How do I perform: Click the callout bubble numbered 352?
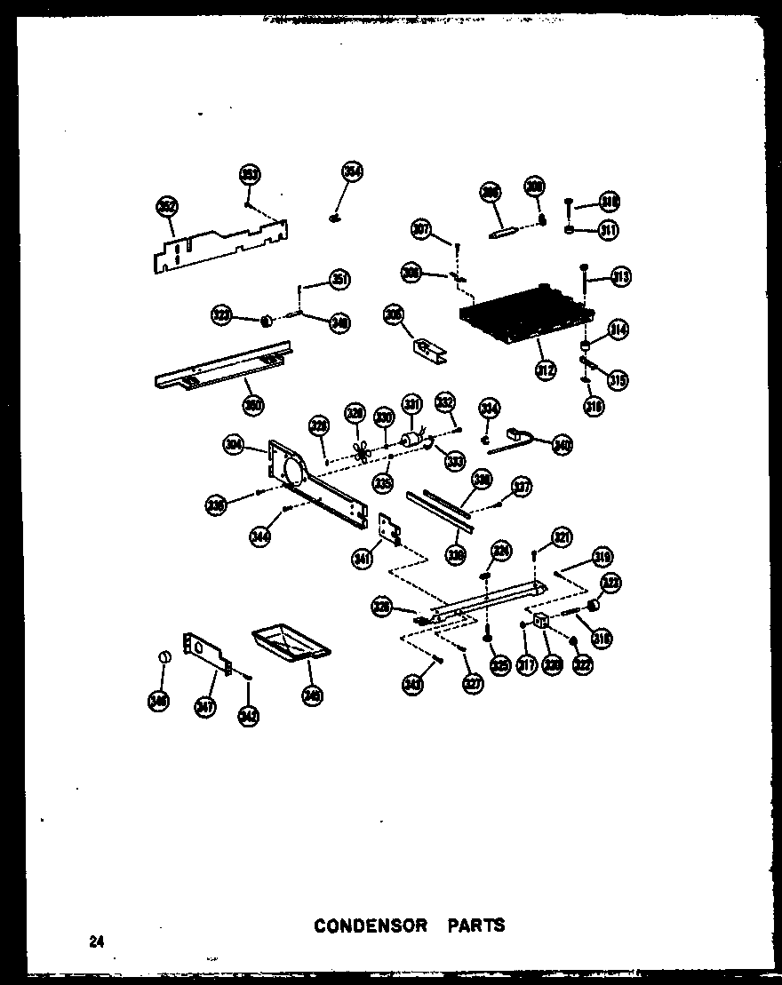pyautogui.click(x=166, y=208)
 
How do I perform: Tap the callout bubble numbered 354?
pyautogui.click(x=353, y=172)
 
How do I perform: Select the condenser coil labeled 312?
pyautogui.click(x=524, y=315)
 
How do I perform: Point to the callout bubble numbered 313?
pyautogui.click(x=620, y=278)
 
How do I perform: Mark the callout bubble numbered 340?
pyautogui.click(x=562, y=445)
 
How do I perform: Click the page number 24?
pyautogui.click(x=95, y=942)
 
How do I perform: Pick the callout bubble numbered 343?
pyautogui.click(x=413, y=686)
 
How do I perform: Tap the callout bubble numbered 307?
pyautogui.click(x=420, y=229)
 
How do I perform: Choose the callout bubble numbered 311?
pyautogui.click(x=608, y=230)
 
